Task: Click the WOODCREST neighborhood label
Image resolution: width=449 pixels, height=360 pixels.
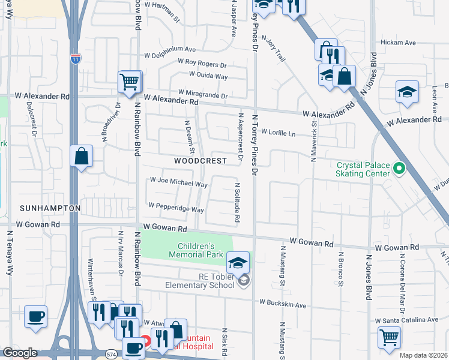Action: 200,161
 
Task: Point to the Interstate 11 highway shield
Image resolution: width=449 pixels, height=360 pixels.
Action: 76,58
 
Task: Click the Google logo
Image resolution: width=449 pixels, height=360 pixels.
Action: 19,353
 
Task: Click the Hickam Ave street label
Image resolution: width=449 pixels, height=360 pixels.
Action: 402,43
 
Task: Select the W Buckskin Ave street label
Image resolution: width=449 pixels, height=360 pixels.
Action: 283,304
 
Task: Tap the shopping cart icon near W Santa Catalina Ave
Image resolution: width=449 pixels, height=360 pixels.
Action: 389,337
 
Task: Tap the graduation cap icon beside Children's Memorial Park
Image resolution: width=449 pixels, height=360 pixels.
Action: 238,262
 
